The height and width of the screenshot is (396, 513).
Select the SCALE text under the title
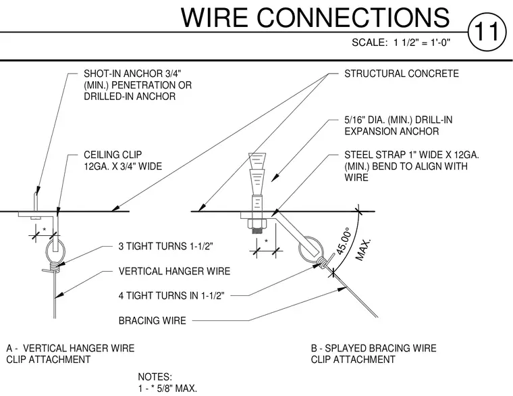click(401, 43)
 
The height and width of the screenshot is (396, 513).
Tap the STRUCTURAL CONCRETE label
click(402, 74)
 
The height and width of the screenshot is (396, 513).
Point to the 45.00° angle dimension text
click(344, 241)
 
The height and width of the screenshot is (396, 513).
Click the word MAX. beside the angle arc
click(363, 249)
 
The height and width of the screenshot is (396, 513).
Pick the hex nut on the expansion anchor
click(257, 224)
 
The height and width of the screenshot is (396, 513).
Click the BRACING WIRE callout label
click(152, 320)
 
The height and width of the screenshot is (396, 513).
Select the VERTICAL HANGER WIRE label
click(174, 271)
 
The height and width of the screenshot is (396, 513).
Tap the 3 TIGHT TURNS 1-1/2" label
click(166, 246)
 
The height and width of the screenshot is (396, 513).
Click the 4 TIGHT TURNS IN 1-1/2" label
click(171, 296)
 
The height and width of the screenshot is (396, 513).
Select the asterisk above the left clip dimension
click(45, 230)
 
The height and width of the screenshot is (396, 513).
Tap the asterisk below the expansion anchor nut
click(267, 242)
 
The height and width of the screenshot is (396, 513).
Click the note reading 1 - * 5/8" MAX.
click(167, 389)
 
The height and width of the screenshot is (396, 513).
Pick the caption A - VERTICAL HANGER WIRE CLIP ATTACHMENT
click(70, 353)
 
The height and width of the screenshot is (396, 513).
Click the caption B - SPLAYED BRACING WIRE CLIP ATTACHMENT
click(374, 353)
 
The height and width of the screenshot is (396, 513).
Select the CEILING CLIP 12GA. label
click(123, 161)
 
